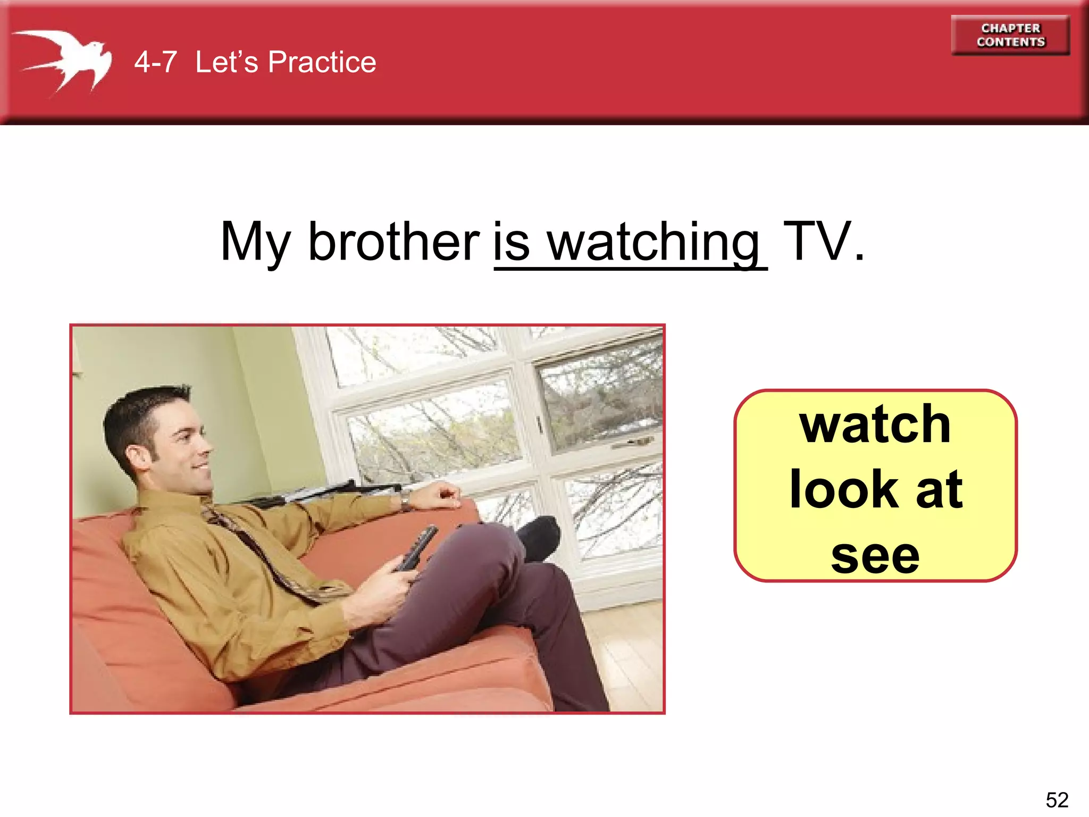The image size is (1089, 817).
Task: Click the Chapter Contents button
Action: [x=1010, y=35]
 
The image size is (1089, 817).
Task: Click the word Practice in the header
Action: [x=322, y=62]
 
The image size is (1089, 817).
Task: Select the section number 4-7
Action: [x=155, y=62]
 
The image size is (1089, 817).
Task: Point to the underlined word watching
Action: [x=654, y=243]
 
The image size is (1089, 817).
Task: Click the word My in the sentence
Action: [x=255, y=243]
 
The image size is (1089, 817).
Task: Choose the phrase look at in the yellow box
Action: [x=875, y=489]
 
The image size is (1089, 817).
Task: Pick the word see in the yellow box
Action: [x=875, y=555]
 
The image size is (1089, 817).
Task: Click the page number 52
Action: [x=1057, y=799]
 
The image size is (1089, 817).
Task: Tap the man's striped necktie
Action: [x=266, y=558]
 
